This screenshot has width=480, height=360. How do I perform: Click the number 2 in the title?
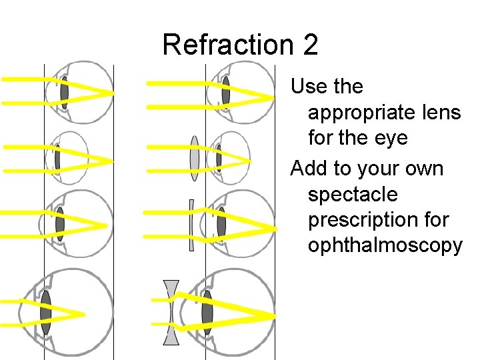coord(310,45)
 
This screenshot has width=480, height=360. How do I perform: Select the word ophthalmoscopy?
coord(385,245)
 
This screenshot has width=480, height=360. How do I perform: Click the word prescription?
coord(379,219)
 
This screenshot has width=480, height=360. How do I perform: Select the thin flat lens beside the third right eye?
coord(191,225)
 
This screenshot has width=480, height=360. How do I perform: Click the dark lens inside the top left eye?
coord(64,93)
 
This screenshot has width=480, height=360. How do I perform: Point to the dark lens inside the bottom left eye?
coord(45,312)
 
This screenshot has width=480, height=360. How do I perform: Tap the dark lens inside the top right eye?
coord(226,91)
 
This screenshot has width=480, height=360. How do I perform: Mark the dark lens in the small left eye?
coord(58,159)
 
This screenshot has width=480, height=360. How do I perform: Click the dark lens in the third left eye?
coord(60,223)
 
